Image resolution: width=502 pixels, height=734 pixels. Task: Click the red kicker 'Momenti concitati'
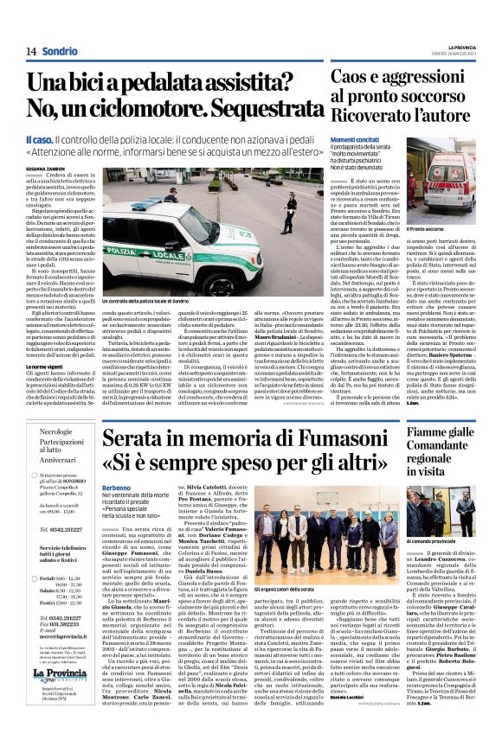pyautogui.click(x=355, y=139)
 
